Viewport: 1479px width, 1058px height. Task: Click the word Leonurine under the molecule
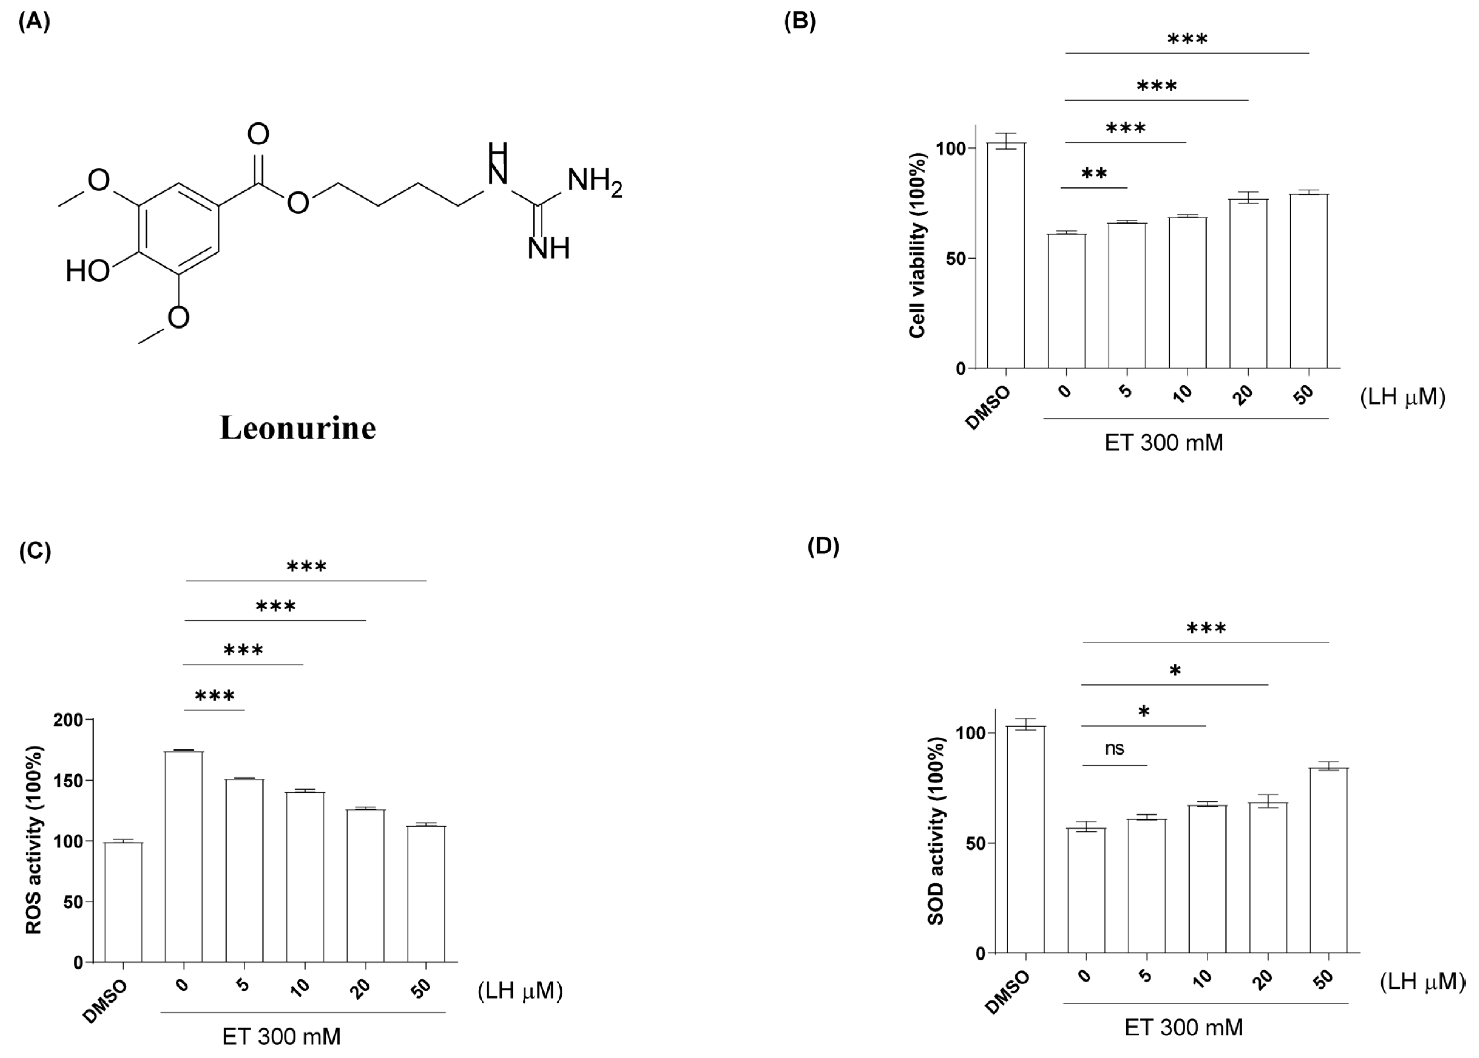click(298, 428)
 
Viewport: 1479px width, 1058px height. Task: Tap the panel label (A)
click(34, 22)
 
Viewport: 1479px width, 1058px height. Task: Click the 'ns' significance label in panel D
click(1114, 748)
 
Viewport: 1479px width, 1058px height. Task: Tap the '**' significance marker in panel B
click(1094, 174)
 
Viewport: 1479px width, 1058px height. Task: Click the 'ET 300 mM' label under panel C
click(281, 1036)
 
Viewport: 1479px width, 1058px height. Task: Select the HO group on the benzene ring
click(88, 271)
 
